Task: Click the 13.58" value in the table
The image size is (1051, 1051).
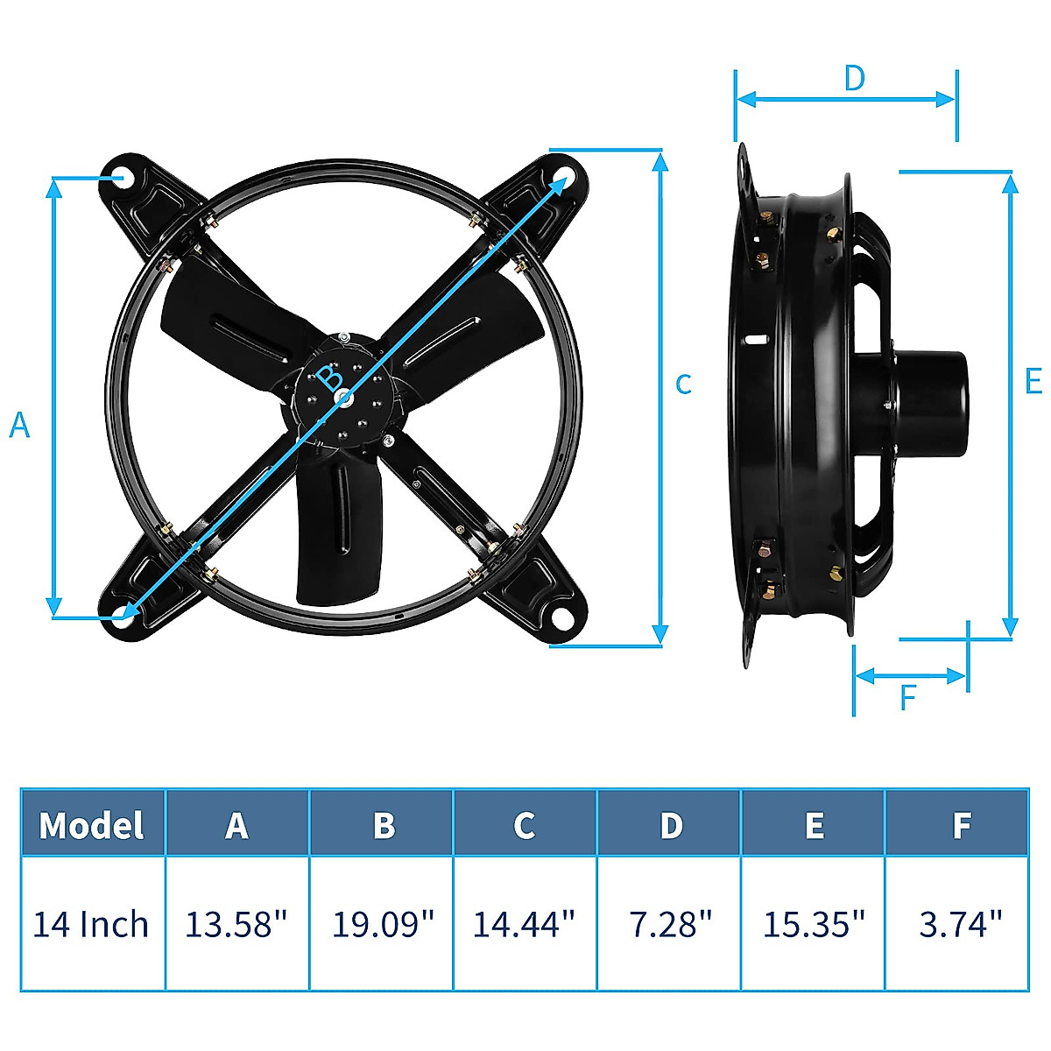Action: [236, 924]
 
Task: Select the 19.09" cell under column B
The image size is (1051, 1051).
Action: [383, 924]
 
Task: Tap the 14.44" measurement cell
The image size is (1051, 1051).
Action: [524, 924]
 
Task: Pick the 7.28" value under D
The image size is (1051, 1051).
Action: [671, 924]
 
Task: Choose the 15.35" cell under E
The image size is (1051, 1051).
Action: [814, 924]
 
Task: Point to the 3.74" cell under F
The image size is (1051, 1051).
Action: [961, 924]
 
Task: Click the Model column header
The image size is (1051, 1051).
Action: [92, 825]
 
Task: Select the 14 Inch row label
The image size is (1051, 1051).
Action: [91, 925]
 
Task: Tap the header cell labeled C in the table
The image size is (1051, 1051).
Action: [524, 825]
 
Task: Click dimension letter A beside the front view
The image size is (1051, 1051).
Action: [19, 425]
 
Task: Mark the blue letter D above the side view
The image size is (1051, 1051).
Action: [854, 79]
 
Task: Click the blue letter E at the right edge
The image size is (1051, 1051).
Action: [1033, 382]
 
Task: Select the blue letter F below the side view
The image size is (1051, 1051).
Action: [908, 698]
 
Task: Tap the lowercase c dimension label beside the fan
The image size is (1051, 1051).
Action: [684, 384]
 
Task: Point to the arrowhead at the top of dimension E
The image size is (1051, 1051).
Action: [1011, 182]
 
